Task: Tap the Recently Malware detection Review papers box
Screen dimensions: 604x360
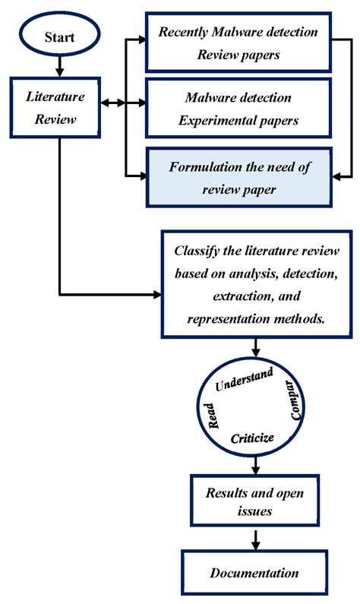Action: tap(239, 43)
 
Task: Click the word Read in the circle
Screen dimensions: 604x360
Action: tap(215, 416)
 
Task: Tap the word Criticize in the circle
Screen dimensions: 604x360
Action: tap(251, 438)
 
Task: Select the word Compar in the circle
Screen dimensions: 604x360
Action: tap(297, 400)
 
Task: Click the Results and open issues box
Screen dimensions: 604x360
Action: tap(255, 502)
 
